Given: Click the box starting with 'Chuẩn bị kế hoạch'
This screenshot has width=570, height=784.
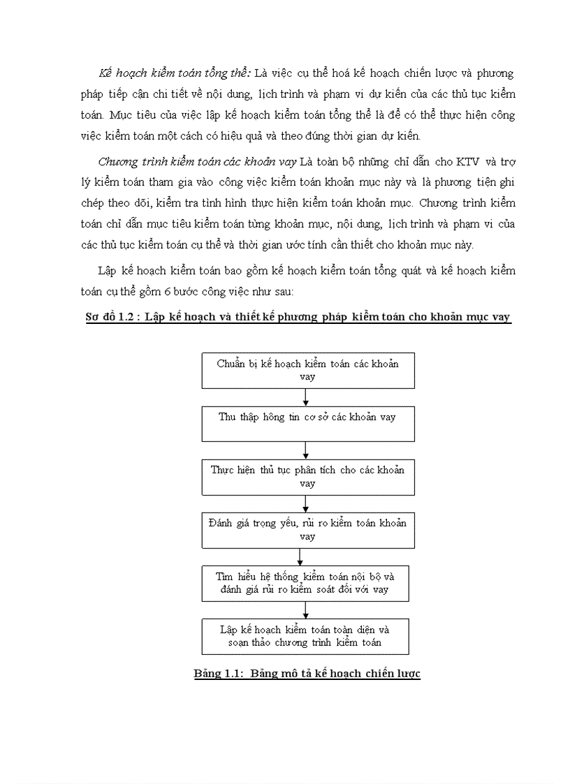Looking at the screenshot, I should coord(305,370).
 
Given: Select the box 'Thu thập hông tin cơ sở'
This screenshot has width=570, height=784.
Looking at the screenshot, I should coord(305,424).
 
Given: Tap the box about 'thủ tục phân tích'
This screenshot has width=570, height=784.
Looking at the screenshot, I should coord(305,476).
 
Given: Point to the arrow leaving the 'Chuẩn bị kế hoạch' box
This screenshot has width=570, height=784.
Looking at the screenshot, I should coord(306,397).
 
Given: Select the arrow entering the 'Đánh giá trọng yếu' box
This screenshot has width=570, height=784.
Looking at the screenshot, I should coord(306,503).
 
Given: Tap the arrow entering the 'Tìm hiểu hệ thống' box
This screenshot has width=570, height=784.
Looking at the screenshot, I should coord(300,556).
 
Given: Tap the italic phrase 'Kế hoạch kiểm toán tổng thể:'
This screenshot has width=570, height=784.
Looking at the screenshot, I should coord(175,73).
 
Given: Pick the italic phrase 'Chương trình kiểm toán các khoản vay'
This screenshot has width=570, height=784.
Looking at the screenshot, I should coord(197,162).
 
